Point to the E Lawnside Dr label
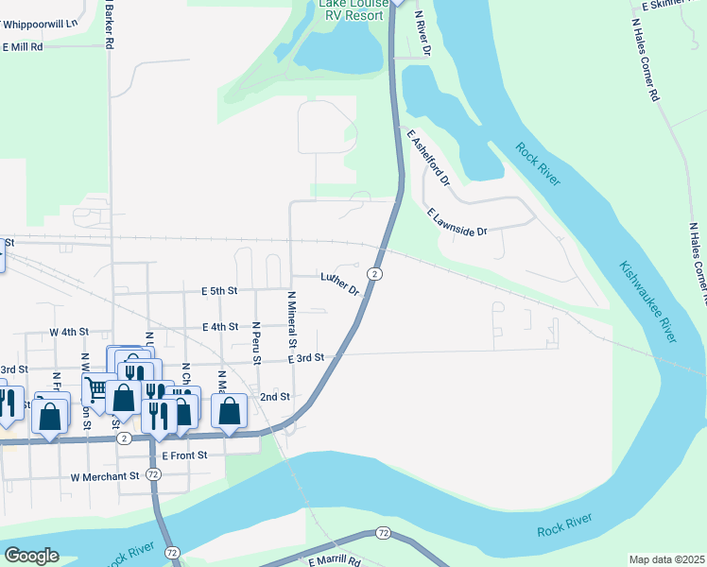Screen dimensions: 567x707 coord(457,222)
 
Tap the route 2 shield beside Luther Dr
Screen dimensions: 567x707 coord(375,274)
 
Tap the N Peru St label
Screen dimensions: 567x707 coord(256,344)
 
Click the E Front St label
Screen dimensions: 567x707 coord(191,455)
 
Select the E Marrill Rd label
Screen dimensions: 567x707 coord(335,560)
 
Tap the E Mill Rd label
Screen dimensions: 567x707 coord(24,45)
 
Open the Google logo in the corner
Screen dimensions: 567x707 coord(30,556)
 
